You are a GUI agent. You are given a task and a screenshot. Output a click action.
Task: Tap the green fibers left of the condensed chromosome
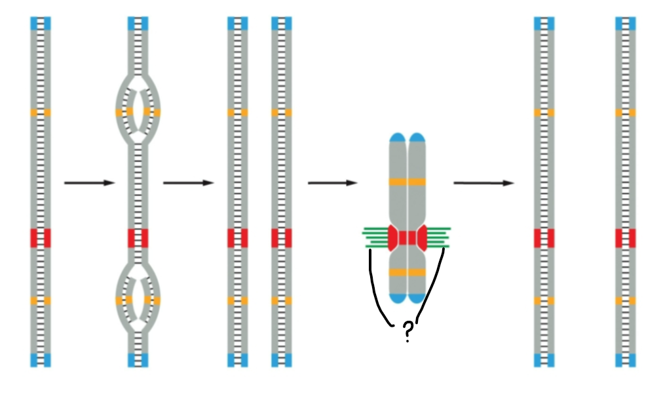375,237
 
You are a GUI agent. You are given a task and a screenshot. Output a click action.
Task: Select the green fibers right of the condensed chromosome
438,237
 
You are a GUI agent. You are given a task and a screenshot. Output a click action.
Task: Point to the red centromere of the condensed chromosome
407,237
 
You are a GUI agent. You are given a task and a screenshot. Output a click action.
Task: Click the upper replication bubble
138,112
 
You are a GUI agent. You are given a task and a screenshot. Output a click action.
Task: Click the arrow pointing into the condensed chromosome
332,182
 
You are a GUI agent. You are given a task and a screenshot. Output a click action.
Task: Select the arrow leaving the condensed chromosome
483,182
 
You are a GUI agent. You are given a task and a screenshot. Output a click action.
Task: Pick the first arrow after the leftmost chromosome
89,182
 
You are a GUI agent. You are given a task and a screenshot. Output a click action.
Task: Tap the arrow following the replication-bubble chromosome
188,182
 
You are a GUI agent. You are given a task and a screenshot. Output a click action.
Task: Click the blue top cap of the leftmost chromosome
41,24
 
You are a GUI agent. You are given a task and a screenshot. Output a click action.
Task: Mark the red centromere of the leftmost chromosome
41,237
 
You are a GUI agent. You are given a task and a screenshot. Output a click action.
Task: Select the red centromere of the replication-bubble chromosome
138,237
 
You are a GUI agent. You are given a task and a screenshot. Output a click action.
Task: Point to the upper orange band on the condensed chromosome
407,181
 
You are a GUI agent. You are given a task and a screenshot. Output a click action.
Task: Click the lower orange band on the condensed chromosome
407,272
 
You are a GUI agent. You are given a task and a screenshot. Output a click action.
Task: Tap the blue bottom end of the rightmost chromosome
626,359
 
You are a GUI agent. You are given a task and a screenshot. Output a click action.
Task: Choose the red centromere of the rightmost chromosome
626,237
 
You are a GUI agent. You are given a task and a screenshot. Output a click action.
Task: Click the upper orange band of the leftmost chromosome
41,112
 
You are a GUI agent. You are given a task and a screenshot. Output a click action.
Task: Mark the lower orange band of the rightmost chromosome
626,300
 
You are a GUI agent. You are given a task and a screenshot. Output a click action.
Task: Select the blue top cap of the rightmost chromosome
626,24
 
